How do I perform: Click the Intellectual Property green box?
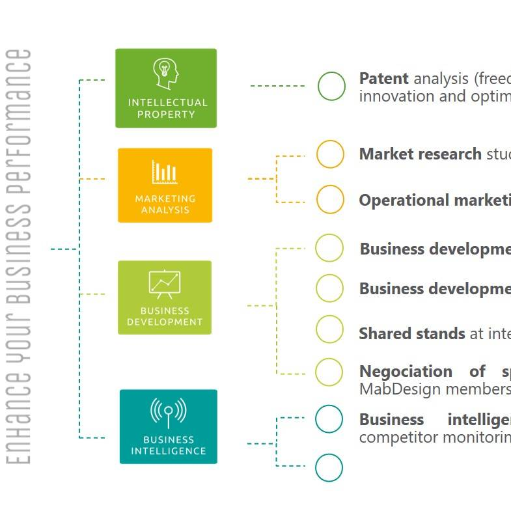pyautogui.click(x=165, y=88)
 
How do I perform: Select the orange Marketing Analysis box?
pyautogui.click(x=165, y=185)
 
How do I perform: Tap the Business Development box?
pyautogui.click(x=165, y=297)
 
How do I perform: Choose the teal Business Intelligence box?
pyautogui.click(x=168, y=426)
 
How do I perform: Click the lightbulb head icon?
pyautogui.click(x=165, y=74)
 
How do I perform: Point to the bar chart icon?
pyautogui.click(x=165, y=173)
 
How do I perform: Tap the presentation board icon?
pyautogui.click(x=165, y=284)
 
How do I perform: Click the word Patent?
pyautogui.click(x=383, y=79)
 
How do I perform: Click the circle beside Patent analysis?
pyautogui.click(x=331, y=87)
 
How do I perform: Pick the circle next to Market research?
pyautogui.click(x=330, y=154)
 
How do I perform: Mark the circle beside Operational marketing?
pyautogui.click(x=330, y=199)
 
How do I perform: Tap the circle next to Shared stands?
pyautogui.click(x=329, y=329)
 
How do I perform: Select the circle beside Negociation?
pyautogui.click(x=329, y=372)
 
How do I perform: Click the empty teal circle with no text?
pyautogui.click(x=329, y=467)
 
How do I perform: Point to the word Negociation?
pyautogui.click(x=406, y=372)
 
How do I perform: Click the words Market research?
pyautogui.click(x=420, y=154)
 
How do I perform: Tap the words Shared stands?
pyautogui.click(x=411, y=334)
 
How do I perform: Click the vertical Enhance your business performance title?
pyautogui.click(x=21, y=256)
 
